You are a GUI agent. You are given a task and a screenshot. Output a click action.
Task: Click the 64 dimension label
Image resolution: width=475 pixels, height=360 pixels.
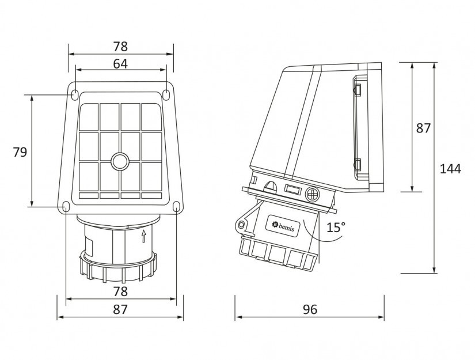tap(120, 64)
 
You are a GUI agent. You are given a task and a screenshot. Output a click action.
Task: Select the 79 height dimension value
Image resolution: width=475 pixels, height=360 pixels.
tap(20, 152)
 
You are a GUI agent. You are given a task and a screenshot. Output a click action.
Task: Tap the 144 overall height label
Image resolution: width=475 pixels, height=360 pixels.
tap(450, 169)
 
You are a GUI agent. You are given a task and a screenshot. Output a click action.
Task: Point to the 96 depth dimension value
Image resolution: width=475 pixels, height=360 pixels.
tap(310, 309)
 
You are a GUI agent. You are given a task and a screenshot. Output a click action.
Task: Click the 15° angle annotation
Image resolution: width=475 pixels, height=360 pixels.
tap(336, 228)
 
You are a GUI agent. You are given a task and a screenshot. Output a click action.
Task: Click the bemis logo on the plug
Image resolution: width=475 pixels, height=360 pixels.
tap(283, 225)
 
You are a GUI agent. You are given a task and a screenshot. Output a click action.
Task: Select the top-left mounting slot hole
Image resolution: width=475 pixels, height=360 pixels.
tap(74, 94)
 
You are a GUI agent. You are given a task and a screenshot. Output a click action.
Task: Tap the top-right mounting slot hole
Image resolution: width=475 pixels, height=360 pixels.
tap(166, 94)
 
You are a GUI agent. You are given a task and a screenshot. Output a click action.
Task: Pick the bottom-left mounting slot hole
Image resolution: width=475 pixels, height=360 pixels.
tap(66, 207)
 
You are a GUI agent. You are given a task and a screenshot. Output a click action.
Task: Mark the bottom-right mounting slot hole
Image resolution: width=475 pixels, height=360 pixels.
tap(176, 207)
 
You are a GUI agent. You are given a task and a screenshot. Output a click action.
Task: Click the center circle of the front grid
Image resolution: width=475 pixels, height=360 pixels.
tap(120, 161)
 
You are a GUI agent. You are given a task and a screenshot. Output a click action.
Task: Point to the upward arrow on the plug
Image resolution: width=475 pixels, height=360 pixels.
tap(144, 236)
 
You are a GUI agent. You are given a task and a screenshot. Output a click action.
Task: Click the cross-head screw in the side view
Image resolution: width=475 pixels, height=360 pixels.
tap(312, 194)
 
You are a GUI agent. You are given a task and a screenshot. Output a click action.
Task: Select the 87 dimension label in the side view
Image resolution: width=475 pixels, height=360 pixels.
tap(423, 128)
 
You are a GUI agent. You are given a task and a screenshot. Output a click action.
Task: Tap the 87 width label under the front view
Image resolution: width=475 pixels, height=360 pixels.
tap(120, 309)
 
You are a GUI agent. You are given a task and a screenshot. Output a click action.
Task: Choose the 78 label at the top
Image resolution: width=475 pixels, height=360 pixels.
tap(120, 46)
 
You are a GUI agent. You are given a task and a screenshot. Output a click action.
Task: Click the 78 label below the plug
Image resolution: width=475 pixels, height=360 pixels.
tap(120, 291)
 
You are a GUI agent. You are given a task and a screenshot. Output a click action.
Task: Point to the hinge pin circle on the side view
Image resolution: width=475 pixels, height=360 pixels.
tap(241, 225)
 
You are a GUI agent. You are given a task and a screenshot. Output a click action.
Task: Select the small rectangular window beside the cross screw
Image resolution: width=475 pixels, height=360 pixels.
tap(292, 190)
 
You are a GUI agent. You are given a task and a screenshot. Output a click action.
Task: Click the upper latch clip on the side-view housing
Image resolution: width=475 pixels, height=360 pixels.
tap(358, 89)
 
